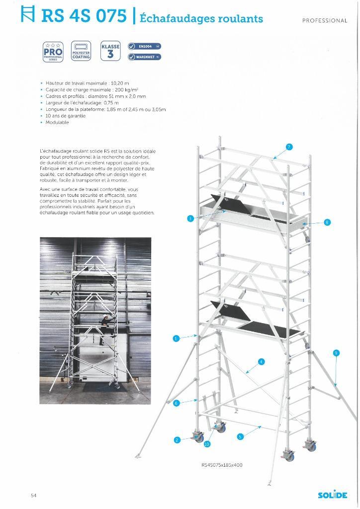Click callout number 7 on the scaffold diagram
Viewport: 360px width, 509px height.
(289, 147)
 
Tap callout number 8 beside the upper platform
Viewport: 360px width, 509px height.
(327, 222)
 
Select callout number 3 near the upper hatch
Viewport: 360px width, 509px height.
(190, 218)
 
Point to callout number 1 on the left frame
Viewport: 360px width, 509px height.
(176, 339)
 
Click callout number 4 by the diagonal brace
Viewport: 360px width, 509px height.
(262, 361)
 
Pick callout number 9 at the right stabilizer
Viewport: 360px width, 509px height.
(336, 353)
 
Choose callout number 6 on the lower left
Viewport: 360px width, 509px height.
(176, 403)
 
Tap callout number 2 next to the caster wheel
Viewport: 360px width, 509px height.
(177, 440)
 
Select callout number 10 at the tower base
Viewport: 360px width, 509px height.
(207, 444)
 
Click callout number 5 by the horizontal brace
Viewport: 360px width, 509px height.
(240, 436)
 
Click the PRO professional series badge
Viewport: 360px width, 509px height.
(53, 51)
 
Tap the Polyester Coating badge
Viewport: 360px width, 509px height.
(81, 51)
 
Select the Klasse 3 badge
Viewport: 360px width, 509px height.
(110, 51)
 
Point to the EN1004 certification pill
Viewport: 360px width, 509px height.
(144, 46)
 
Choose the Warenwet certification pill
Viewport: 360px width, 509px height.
(144, 57)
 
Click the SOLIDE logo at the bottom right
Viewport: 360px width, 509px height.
(333, 495)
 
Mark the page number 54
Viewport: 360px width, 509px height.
(33, 495)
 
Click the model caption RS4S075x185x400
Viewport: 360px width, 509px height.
(222, 465)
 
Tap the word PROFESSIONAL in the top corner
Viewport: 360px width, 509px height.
(325, 20)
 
